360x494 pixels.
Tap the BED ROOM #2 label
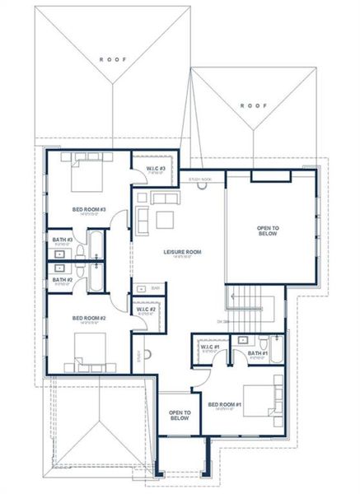[x=89, y=318]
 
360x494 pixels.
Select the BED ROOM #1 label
[x=224, y=404]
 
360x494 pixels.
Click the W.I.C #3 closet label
[x=157, y=169]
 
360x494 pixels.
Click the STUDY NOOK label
[x=200, y=179]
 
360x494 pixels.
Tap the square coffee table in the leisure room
[x=165, y=218]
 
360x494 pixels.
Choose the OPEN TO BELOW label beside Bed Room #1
[x=180, y=415]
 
